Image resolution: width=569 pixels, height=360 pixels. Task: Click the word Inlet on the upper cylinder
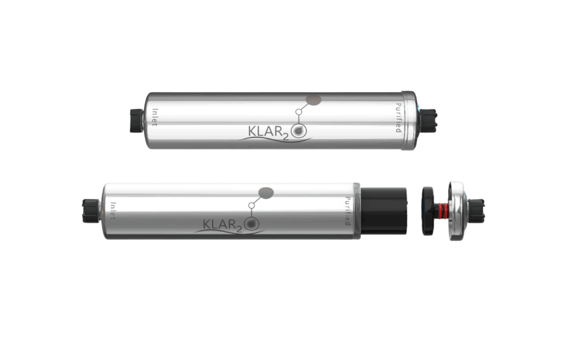pyautogui.click(x=155, y=118)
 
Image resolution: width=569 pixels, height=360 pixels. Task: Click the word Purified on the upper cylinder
pyautogui.click(x=398, y=118)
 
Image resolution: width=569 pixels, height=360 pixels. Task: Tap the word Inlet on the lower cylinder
pyautogui.click(x=113, y=211)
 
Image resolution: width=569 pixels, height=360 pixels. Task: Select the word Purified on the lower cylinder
pyautogui.click(x=348, y=211)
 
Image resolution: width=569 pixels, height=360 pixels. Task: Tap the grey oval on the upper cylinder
pyautogui.click(x=314, y=100)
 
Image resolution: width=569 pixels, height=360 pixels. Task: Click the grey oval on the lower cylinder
pyautogui.click(x=267, y=193)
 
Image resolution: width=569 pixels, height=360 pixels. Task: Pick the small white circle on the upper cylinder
pyautogui.click(x=298, y=112)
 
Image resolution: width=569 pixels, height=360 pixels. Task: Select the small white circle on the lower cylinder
pyautogui.click(x=252, y=206)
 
